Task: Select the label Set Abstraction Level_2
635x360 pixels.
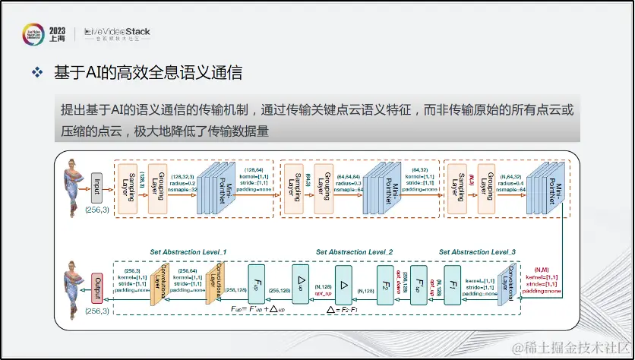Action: point(355,251)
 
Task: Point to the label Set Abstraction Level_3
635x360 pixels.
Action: point(477,251)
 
